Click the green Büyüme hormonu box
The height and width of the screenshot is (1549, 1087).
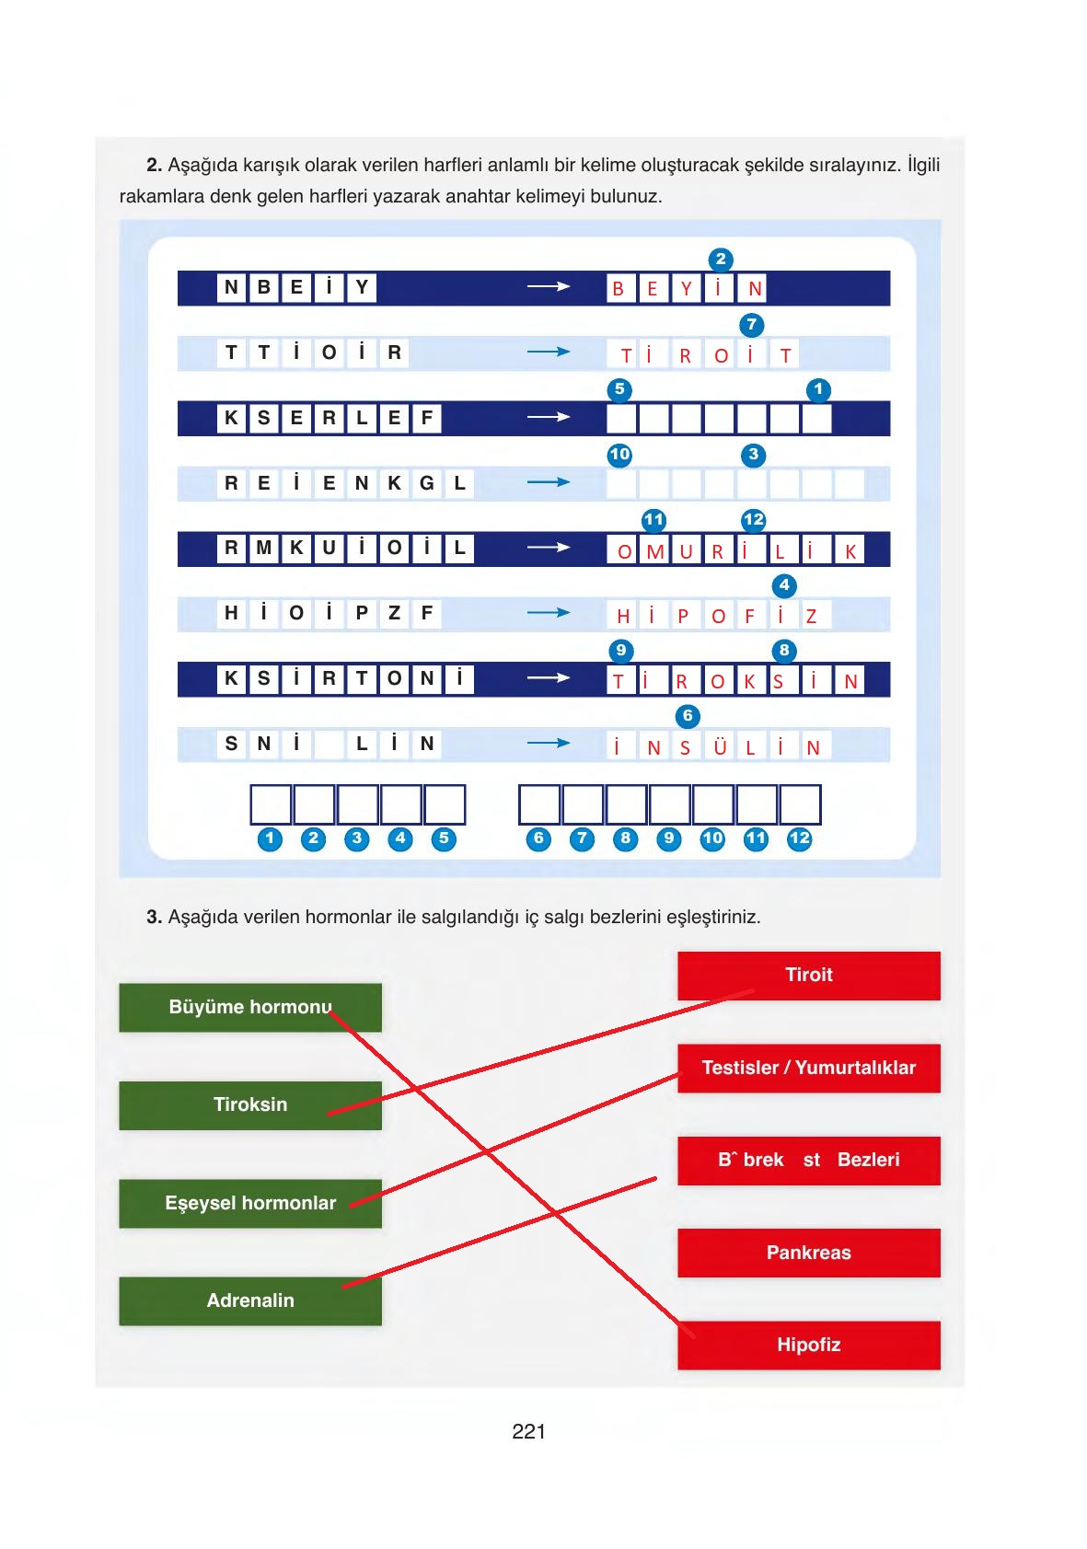(x=249, y=1007)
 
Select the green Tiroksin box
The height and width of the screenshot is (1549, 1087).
(x=249, y=1104)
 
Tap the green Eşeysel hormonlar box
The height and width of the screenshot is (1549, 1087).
(x=249, y=1203)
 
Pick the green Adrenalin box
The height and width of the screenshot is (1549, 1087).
(x=249, y=1300)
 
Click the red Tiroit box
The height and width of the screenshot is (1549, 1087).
(x=808, y=975)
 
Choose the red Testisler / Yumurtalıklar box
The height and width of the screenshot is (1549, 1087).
(x=808, y=1068)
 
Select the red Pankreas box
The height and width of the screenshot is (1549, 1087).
(x=808, y=1253)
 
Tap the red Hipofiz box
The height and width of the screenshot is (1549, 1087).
(x=808, y=1345)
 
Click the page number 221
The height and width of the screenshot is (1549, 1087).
(x=528, y=1431)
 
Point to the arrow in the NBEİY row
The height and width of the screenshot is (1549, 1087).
(x=549, y=287)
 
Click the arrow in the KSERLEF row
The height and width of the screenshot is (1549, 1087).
(x=549, y=417)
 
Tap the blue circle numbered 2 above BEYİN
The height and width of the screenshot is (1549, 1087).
(x=721, y=260)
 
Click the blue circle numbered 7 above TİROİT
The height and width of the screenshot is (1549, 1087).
(x=752, y=325)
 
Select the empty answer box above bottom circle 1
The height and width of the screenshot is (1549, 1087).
(x=271, y=804)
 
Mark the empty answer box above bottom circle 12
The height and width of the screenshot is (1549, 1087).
(x=799, y=804)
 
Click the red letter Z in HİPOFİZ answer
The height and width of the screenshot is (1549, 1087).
(x=811, y=617)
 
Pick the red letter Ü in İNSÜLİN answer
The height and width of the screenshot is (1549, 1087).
(x=720, y=747)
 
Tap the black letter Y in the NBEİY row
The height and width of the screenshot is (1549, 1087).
(x=362, y=287)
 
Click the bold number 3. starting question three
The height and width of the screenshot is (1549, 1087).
(x=154, y=917)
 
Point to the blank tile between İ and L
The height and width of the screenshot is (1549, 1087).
(x=329, y=745)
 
